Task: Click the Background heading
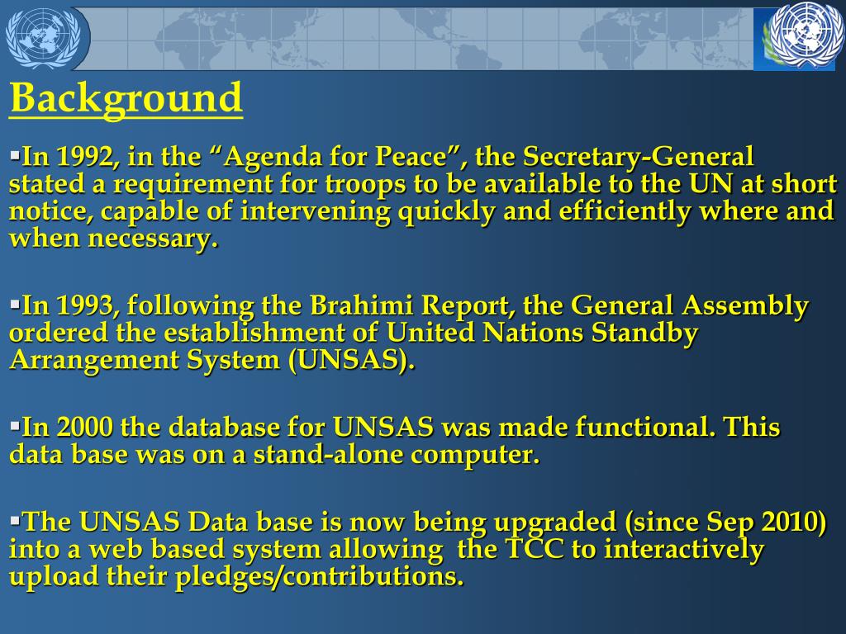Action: coord(126,99)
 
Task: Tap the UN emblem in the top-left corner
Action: coord(42,38)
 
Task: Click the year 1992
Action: coord(85,156)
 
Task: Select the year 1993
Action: coord(85,305)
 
